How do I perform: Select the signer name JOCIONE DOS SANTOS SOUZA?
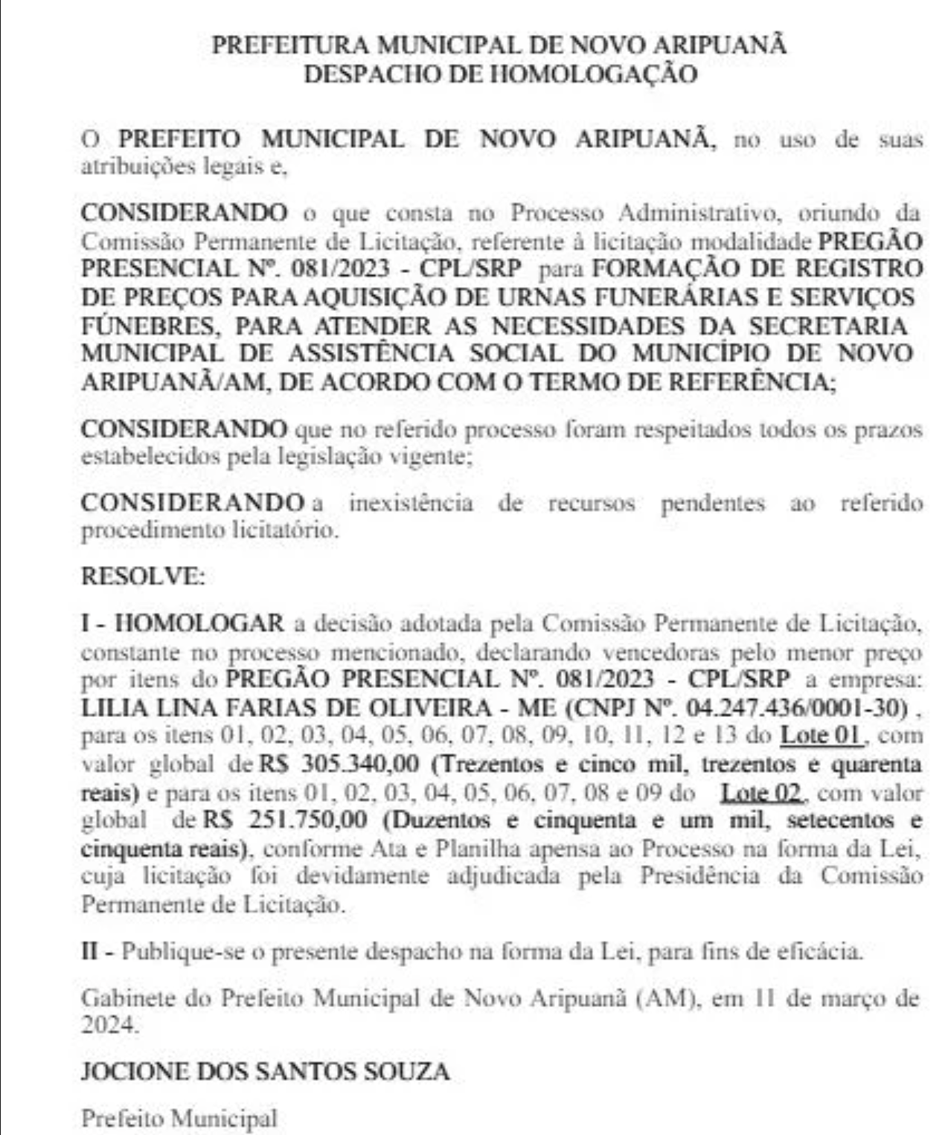[x=265, y=1072]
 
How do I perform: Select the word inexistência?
[x=411, y=504]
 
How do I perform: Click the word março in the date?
[x=863, y=998]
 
